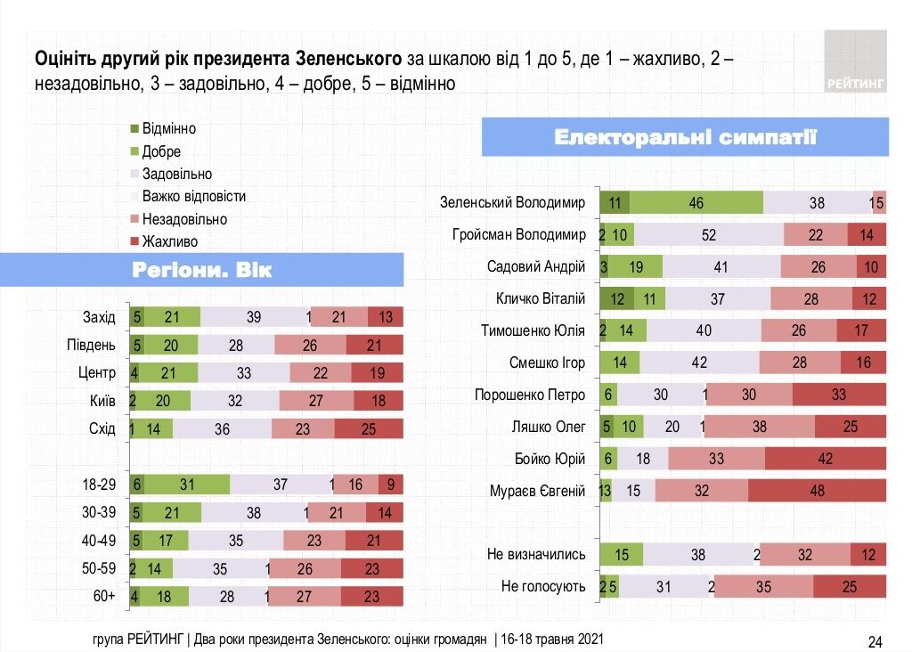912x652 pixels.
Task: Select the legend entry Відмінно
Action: click(x=168, y=128)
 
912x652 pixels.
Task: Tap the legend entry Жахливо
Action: click(x=168, y=241)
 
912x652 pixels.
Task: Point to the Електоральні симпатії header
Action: click(x=685, y=137)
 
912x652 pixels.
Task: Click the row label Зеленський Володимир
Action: click(x=512, y=202)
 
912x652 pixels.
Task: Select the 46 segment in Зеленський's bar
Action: click(x=696, y=202)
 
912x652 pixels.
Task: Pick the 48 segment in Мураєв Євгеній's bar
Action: click(x=817, y=490)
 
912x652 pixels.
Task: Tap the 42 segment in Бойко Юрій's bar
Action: click(x=825, y=458)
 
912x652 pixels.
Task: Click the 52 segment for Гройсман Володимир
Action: click(x=709, y=234)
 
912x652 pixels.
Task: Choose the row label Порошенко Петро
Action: click(x=530, y=395)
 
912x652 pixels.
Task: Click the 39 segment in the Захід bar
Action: click(x=253, y=316)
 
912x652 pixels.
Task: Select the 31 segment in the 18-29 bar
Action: click(x=186, y=485)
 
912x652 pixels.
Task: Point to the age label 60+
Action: click(x=105, y=597)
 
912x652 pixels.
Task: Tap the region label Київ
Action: click(x=103, y=400)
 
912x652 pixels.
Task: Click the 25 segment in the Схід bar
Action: click(x=369, y=428)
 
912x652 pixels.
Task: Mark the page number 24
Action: click(x=875, y=641)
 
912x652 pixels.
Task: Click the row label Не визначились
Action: click(x=536, y=554)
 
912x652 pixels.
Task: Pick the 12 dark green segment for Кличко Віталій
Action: click(x=616, y=298)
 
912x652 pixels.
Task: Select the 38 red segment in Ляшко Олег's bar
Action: click(x=760, y=427)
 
